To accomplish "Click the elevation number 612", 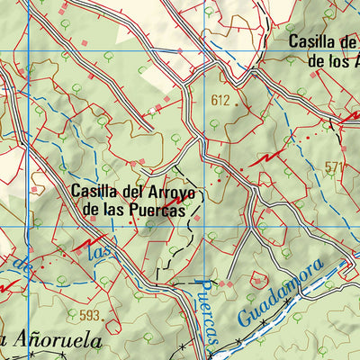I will tap(220, 100).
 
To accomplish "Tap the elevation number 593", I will tap(91, 315).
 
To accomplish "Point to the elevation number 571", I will tap(334, 166).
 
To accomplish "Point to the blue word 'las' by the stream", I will tap(100, 253).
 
